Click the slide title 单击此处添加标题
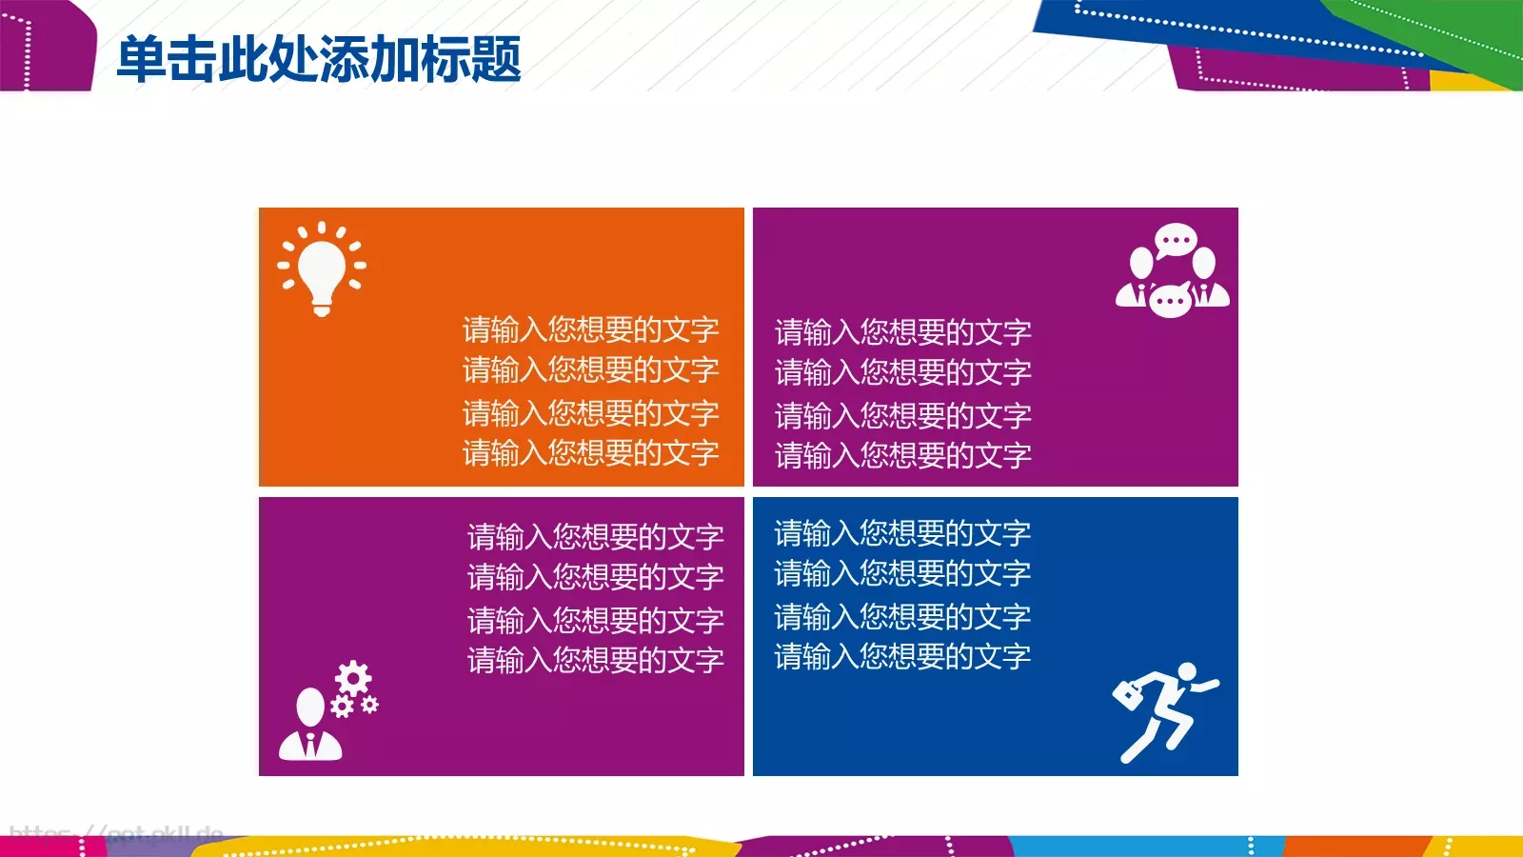point(319,59)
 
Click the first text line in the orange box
point(590,329)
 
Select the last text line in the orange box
point(590,452)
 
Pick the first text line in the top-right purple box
point(902,332)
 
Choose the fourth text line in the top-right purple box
point(902,455)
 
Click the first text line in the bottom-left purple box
point(595,537)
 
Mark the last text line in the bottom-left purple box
point(595,660)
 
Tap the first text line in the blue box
point(902,533)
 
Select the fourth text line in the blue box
point(902,656)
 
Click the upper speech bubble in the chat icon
point(1175,240)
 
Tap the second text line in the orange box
point(590,369)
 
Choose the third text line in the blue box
point(902,617)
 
